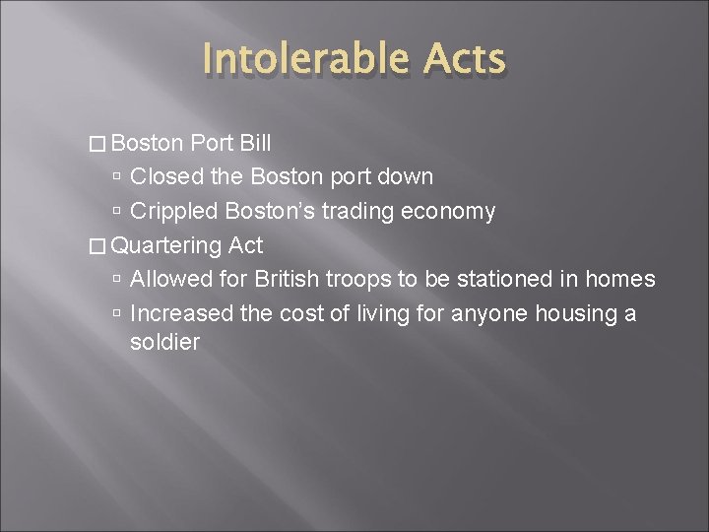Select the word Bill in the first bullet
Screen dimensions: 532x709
point(255,143)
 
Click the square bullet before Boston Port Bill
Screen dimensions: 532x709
point(97,144)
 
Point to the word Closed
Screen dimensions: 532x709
point(163,177)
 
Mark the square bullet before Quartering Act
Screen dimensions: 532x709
point(97,246)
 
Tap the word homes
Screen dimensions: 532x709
point(619,279)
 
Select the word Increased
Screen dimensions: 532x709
point(179,313)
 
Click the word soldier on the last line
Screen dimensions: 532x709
point(164,343)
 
